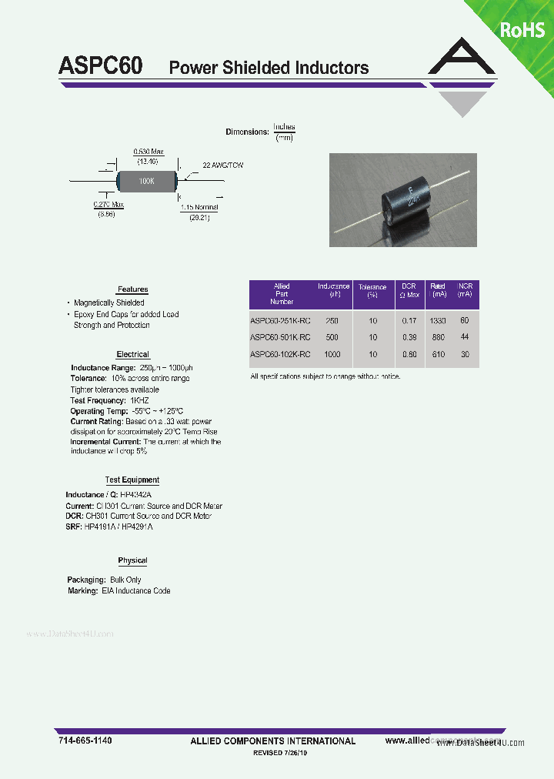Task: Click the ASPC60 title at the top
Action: (x=100, y=66)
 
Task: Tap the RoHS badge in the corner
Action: (x=522, y=30)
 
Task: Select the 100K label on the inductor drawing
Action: (x=146, y=181)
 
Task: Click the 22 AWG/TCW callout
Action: (x=222, y=165)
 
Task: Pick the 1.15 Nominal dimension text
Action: (x=199, y=207)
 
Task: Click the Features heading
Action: (x=132, y=289)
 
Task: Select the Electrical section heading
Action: (x=132, y=355)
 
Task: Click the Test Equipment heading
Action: (x=133, y=480)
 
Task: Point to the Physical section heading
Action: (x=132, y=561)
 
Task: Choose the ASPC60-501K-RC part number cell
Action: (x=280, y=337)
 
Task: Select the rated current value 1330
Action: (x=438, y=320)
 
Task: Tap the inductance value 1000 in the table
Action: (x=332, y=354)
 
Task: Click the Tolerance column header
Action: (x=372, y=290)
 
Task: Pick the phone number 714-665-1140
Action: (x=85, y=741)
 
